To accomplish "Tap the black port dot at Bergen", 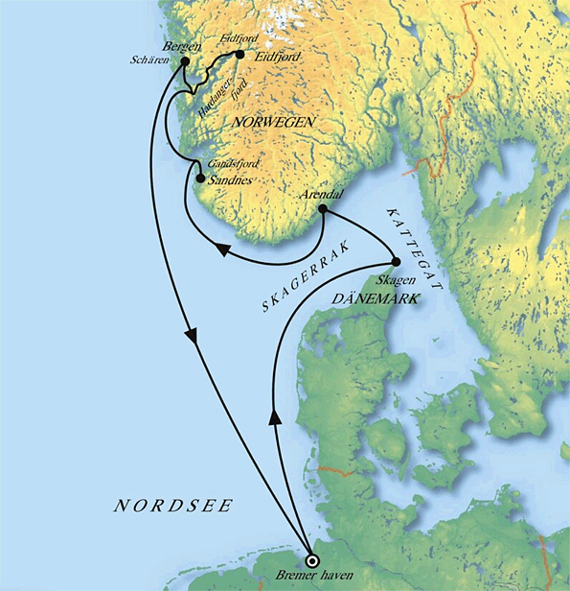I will pyautogui.click(x=185, y=59).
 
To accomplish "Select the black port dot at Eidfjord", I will pyautogui.click(x=239, y=56).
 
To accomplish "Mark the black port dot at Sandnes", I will pyautogui.click(x=199, y=177).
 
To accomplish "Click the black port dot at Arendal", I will pyautogui.click(x=323, y=208).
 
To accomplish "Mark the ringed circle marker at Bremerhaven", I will pyautogui.click(x=309, y=560).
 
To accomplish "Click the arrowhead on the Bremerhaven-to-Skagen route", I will pyautogui.click(x=278, y=414).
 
